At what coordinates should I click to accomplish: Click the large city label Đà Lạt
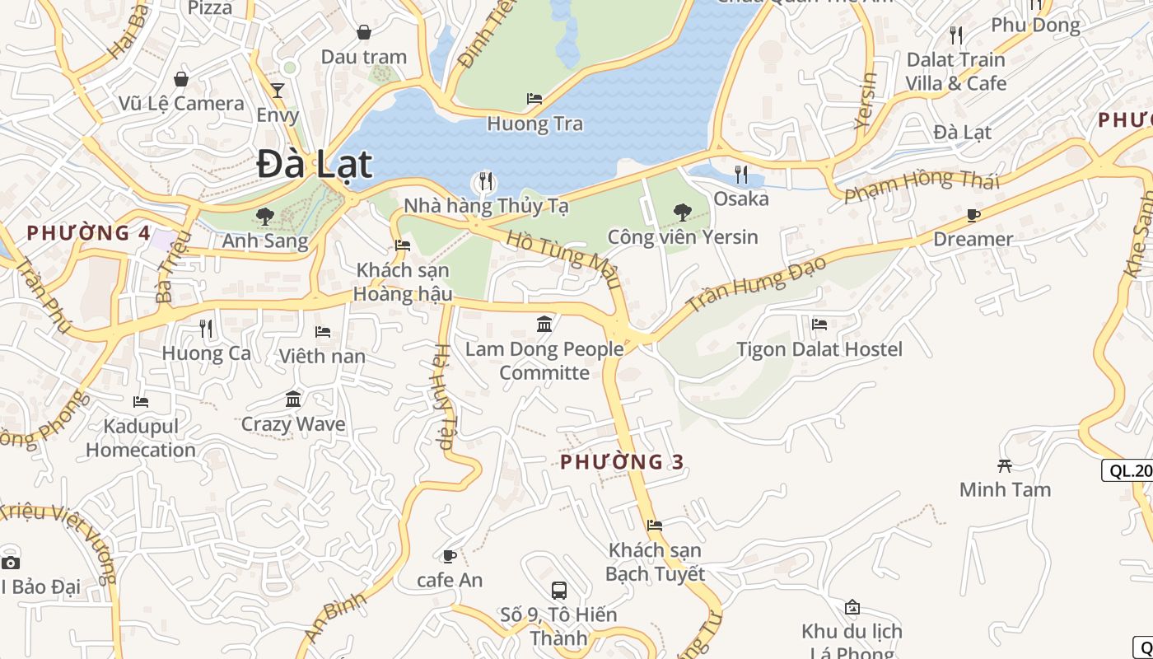[x=314, y=164]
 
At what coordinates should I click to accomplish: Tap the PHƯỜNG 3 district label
[x=622, y=461]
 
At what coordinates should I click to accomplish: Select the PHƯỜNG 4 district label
[x=89, y=233]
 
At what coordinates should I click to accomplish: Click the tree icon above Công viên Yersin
[x=682, y=213]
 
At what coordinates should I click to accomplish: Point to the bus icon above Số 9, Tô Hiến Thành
[x=558, y=590]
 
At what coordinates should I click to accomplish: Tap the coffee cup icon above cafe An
[x=450, y=556]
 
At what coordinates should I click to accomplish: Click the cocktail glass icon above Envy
[x=278, y=90]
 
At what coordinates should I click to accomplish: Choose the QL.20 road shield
[x=1128, y=470]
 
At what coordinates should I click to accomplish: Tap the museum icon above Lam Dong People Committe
[x=544, y=324]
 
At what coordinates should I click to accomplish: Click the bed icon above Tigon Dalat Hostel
[x=819, y=325]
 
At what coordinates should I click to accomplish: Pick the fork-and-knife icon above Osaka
[x=741, y=174]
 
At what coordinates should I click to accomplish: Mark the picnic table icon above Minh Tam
[x=1004, y=465]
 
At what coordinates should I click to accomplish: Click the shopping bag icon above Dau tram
[x=363, y=32]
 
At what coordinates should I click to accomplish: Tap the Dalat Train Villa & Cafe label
[x=956, y=72]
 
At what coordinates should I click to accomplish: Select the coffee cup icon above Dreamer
[x=973, y=215]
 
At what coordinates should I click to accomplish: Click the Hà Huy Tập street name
[x=443, y=396]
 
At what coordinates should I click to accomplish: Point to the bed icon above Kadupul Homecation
[x=141, y=402]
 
